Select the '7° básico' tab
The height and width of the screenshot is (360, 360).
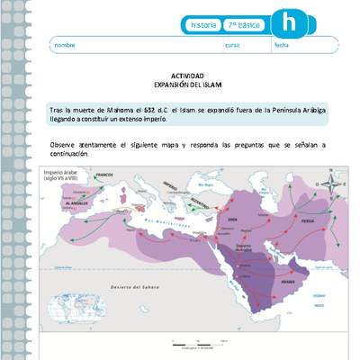click(243, 25)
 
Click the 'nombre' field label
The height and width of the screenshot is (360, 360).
click(65, 45)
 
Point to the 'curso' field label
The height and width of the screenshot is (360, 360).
click(232, 45)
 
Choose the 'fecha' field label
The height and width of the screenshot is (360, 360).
click(282, 45)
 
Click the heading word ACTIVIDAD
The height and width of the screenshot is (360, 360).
click(187, 76)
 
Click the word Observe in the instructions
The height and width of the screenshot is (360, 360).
click(64, 145)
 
